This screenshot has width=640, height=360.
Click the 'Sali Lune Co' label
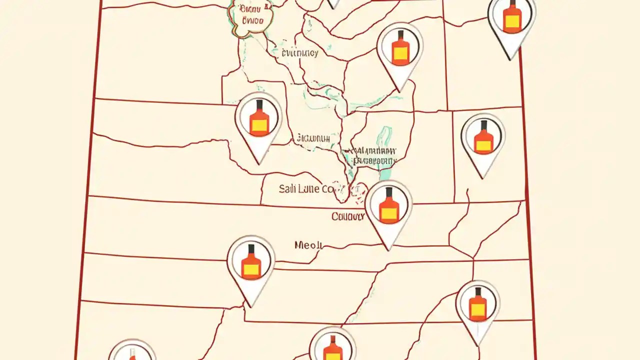point(305,189)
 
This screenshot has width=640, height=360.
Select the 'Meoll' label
point(308,245)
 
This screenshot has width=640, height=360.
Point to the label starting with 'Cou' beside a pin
point(347,216)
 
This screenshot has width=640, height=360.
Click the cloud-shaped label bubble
point(251,16)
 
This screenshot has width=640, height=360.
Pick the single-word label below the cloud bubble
point(299,53)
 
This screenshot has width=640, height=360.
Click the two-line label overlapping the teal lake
point(374,156)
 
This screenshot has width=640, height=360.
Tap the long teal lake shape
point(384,150)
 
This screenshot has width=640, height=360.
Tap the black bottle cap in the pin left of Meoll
point(251,248)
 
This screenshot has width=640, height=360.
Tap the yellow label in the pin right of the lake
point(483,145)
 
